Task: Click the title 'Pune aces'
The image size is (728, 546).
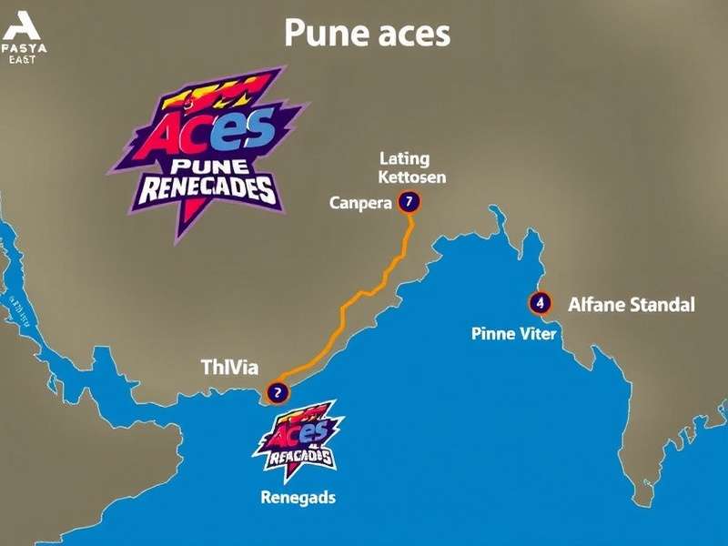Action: [x=367, y=34]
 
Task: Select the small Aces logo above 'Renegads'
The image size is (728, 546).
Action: [x=298, y=439]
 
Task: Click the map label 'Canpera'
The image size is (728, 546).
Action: [x=359, y=203]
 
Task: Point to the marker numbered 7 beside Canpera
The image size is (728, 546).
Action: [x=409, y=201]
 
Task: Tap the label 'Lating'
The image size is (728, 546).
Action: [x=404, y=158]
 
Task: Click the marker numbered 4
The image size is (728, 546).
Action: [x=540, y=302]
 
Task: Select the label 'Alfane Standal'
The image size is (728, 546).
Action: [x=631, y=305]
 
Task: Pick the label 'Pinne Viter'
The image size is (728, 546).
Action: [x=513, y=334]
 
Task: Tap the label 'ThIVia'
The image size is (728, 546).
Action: [x=229, y=368]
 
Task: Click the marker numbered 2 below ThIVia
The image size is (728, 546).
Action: [x=276, y=393]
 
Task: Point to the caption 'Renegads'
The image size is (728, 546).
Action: [x=298, y=498]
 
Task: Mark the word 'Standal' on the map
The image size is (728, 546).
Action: [x=658, y=305]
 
